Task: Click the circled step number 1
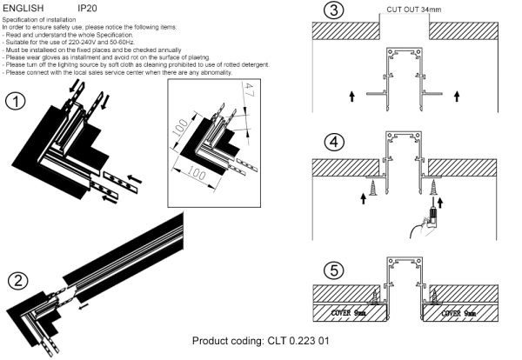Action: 15,102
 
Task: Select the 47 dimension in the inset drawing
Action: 248,91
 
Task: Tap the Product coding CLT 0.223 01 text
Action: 260,341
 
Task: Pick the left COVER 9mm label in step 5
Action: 351,310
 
